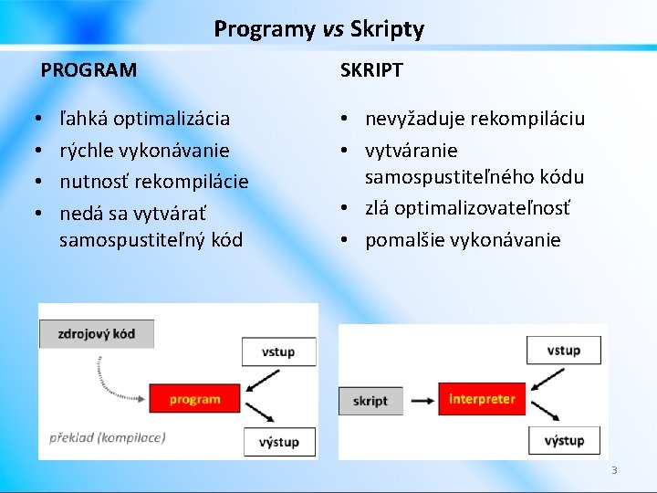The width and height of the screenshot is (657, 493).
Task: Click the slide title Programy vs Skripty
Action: click(x=318, y=29)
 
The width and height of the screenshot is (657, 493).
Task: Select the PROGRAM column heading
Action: click(x=89, y=70)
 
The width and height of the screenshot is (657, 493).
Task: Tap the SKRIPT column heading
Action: click(x=371, y=70)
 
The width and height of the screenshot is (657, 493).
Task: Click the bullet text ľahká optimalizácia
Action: click(x=144, y=119)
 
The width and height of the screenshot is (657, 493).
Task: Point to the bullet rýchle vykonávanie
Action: click(x=144, y=150)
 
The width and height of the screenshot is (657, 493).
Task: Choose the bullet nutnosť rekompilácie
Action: click(x=153, y=181)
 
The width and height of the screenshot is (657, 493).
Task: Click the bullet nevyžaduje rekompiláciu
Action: click(x=474, y=119)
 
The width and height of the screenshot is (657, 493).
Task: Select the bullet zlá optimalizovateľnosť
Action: click(x=467, y=208)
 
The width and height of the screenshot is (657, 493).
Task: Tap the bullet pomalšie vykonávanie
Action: click(x=463, y=240)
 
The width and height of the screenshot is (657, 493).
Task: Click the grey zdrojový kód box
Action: click(x=97, y=333)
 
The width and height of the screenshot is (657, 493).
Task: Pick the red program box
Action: click(x=194, y=399)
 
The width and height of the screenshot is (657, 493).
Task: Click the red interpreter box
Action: click(x=482, y=399)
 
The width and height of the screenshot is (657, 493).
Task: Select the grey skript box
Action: click(x=370, y=401)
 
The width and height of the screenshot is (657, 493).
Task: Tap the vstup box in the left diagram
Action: click(x=278, y=351)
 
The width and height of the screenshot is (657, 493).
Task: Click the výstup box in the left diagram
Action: click(x=278, y=442)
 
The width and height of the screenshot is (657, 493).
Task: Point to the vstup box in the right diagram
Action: click(x=564, y=351)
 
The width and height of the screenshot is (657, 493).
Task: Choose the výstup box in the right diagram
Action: click(x=564, y=441)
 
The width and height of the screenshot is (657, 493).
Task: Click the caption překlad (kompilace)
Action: click(x=108, y=437)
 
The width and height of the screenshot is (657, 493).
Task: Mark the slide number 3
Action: click(x=614, y=470)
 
